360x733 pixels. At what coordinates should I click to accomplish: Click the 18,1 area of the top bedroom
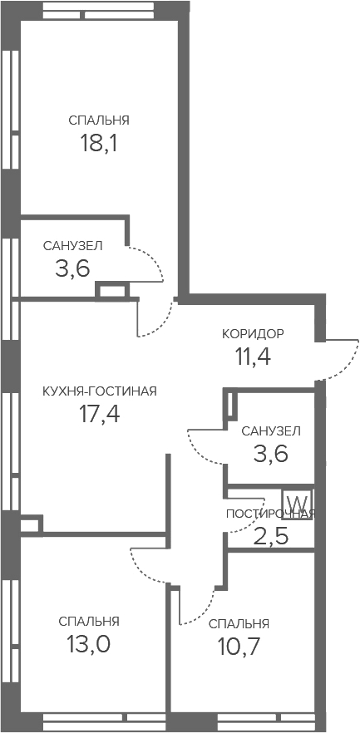coord(98,144)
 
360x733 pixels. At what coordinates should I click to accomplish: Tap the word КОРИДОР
coord(253,334)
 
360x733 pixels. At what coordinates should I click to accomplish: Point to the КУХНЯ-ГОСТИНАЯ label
coord(100,391)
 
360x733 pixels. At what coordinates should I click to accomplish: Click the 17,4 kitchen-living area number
coord(100,414)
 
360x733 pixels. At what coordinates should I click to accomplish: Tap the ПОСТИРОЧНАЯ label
coord(271,514)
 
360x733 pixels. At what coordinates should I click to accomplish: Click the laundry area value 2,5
coord(271,536)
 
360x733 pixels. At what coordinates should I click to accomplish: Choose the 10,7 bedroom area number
coord(239,647)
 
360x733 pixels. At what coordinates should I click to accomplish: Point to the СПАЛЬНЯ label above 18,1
coord(99,121)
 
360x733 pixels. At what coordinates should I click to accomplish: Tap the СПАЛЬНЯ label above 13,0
coord(89,622)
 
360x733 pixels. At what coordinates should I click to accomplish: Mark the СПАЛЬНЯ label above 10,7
coord(239,623)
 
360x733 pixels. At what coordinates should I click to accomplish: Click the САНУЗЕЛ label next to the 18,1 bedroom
coord(73,246)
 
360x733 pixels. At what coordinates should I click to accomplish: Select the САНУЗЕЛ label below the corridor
coord(271,430)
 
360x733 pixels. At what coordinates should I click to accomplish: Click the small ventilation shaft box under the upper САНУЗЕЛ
coord(111,290)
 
